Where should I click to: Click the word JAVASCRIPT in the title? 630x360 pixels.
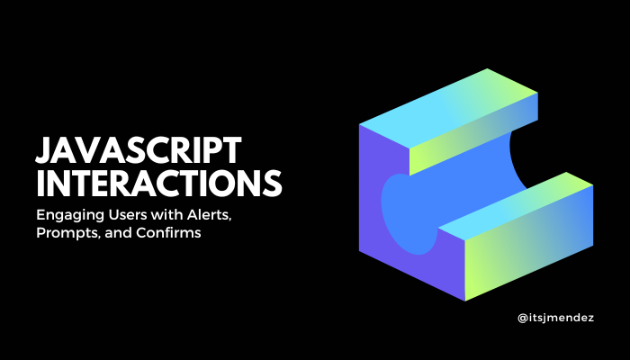click(x=135, y=150)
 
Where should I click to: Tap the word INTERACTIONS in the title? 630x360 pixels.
click(x=159, y=183)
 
